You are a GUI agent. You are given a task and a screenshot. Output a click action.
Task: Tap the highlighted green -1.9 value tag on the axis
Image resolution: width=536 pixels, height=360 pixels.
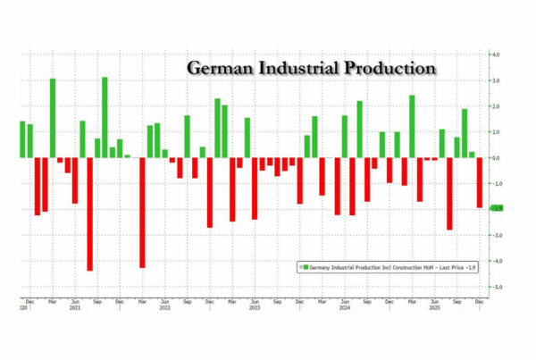pos(496,209)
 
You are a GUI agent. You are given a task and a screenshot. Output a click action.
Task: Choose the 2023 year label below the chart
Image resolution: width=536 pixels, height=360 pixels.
pos(255,308)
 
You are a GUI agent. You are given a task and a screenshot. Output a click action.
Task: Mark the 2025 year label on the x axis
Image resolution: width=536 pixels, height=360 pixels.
pos(435,308)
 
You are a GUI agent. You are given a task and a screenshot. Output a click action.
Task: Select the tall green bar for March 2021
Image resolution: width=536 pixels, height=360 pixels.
pos(53,118)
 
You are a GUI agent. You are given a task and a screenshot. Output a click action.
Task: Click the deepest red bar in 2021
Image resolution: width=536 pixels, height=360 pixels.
pos(89,213)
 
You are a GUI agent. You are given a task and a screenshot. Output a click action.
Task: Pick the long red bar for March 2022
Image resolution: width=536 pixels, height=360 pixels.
pos(142,212)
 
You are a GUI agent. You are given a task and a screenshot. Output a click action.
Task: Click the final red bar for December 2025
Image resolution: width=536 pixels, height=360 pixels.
pos(480,182)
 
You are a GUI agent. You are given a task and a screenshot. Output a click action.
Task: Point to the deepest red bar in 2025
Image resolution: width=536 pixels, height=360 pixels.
pos(449,194)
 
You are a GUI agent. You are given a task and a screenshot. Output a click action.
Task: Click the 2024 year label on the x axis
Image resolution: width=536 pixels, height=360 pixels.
pos(344,308)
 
